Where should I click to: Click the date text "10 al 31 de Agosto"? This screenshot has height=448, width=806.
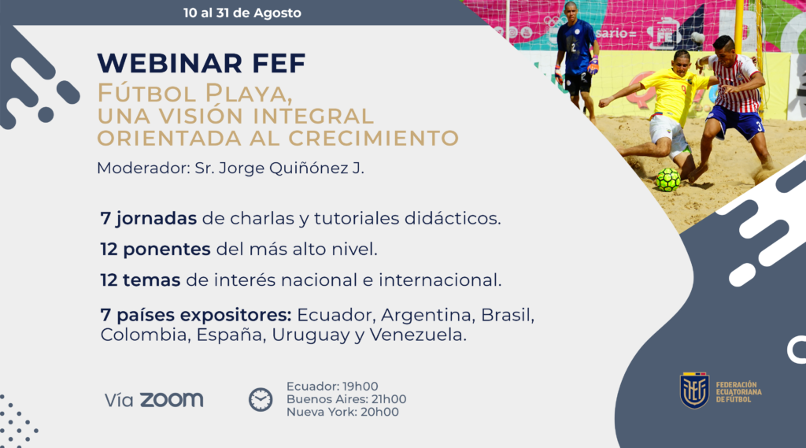(x=242, y=13)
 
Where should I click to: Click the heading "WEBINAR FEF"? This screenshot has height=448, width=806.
(x=201, y=63)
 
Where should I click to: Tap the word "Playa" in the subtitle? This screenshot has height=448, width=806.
(x=249, y=94)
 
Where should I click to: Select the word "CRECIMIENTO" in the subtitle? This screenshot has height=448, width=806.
(x=374, y=139)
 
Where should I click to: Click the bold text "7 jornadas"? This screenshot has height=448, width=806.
(x=149, y=219)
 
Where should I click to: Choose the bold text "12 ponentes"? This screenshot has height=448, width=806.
(x=155, y=250)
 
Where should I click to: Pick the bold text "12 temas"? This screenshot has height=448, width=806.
(x=140, y=280)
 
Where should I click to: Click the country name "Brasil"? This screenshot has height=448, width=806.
(x=508, y=315)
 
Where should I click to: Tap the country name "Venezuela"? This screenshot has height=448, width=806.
(x=418, y=335)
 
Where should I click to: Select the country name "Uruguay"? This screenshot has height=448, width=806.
(x=311, y=335)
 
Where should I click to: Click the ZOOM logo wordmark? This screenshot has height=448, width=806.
(x=172, y=400)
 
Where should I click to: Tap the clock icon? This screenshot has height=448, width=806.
(x=261, y=400)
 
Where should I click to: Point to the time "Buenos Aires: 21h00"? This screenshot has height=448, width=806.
(x=346, y=399)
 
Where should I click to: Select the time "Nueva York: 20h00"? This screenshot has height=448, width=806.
(x=342, y=412)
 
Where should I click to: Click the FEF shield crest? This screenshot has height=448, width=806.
(x=694, y=391)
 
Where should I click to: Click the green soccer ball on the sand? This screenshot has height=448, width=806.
(x=668, y=180)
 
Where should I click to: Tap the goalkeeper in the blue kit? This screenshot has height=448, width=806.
(x=575, y=61)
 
